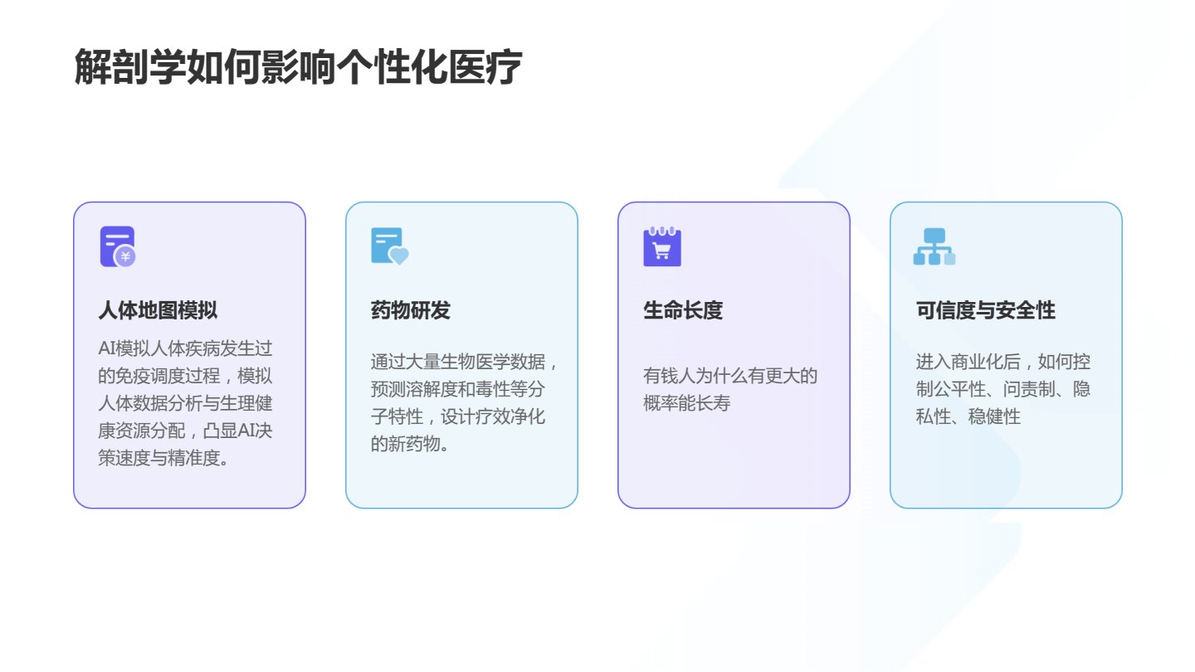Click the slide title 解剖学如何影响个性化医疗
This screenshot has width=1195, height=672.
click(298, 66)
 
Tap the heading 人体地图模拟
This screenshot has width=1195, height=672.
click(158, 310)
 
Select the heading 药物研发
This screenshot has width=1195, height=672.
click(410, 310)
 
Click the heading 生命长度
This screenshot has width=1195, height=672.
click(683, 310)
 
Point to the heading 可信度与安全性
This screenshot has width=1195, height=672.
click(985, 310)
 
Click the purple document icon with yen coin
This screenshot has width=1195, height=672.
click(118, 246)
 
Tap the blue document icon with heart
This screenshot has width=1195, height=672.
click(390, 246)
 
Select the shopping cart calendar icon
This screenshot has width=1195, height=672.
click(662, 246)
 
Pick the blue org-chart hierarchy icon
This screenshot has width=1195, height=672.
click(934, 246)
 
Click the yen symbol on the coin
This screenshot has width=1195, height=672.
click(125, 257)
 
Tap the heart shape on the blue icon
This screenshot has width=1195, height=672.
click(398, 256)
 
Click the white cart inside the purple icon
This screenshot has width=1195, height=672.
click(662, 251)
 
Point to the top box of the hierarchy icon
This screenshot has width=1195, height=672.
click(934, 236)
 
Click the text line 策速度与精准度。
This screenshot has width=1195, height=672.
click(163, 458)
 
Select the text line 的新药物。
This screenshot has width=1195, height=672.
click(410, 444)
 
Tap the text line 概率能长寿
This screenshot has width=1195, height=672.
click(686, 403)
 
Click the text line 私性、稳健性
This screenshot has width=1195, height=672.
click(968, 416)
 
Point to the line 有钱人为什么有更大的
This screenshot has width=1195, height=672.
click(729, 376)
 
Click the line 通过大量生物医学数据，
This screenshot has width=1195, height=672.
click(464, 362)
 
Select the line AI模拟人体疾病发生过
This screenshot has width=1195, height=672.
click(185, 348)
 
